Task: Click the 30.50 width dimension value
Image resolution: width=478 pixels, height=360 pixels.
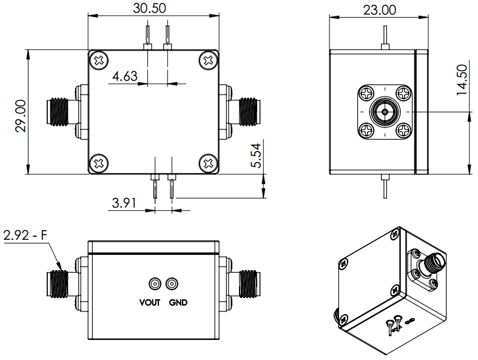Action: pos(149,8)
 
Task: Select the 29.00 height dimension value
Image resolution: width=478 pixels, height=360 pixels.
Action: pos(21,115)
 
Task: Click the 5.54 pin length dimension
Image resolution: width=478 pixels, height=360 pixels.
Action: pos(257,157)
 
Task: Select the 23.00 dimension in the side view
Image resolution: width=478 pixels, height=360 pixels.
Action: pos(379,10)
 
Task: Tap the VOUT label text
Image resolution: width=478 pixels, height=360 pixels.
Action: pos(149,302)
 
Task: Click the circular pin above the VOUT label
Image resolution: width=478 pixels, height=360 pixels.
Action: pos(154,284)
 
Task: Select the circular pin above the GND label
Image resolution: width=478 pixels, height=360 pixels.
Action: pos(173,284)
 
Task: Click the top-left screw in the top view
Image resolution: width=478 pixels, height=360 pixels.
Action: pos(100,60)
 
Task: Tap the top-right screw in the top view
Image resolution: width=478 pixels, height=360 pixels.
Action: pos(208,60)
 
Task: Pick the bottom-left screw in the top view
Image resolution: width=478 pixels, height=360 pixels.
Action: pos(100,163)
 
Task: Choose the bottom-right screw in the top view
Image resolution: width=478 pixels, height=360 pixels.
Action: pos(208,163)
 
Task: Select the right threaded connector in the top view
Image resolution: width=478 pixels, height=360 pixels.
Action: pos(247,112)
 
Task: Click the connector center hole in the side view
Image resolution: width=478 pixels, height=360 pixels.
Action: pos(385,112)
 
